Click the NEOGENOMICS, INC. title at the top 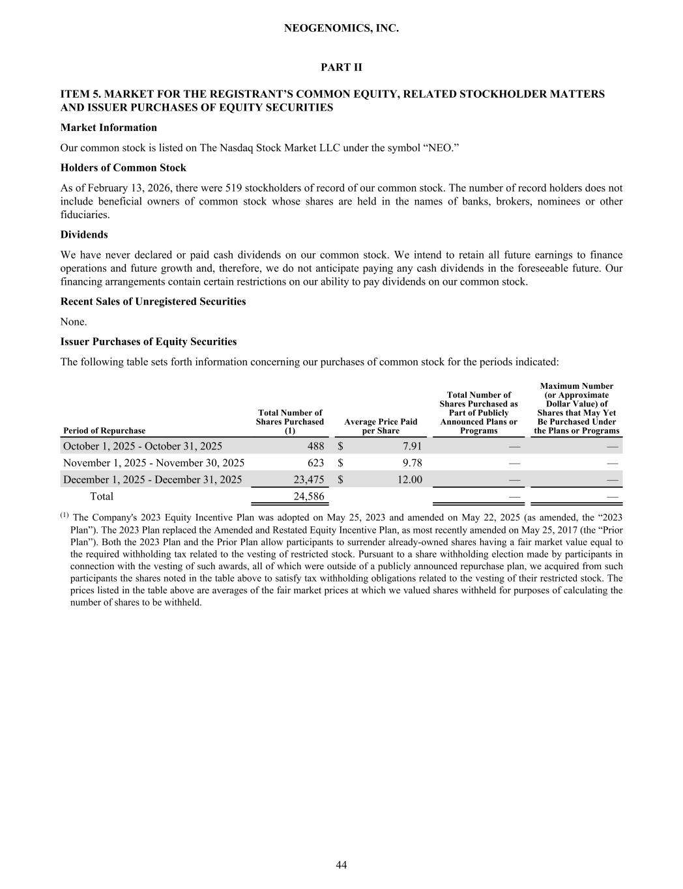coord(341,29)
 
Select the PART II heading coord(341,68)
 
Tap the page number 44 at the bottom coord(341,865)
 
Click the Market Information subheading coord(108,128)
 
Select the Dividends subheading coord(84,234)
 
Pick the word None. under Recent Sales coord(74,322)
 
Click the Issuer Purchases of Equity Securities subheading coord(149,342)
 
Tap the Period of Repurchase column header coord(104,430)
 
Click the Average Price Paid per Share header coord(381,427)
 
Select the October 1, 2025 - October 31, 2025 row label coord(143,446)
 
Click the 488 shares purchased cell coord(315,446)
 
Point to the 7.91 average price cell coord(412,446)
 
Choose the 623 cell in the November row coord(315,463)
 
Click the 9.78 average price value coord(412,463)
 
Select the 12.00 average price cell coord(409,480)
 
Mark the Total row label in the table coord(101,497)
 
